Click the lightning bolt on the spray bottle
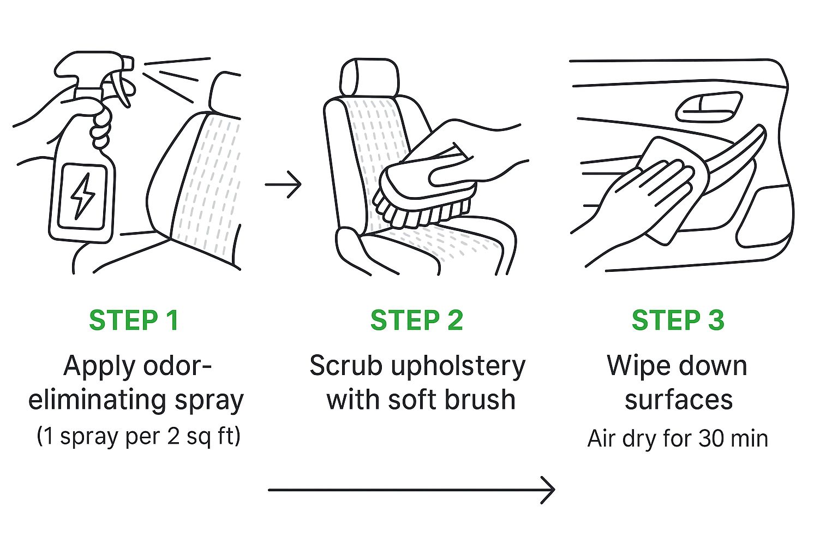[x=83, y=195]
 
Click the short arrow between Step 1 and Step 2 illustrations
[x=283, y=184]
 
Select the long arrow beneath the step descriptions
[x=411, y=490]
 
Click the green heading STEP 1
[x=134, y=320]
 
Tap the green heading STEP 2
[x=417, y=320]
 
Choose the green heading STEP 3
[x=678, y=320]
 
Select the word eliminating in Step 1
[x=97, y=401]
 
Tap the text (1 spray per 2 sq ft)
[x=139, y=437]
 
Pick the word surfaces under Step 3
[x=679, y=400]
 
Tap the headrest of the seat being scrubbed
[x=369, y=77]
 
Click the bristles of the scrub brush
[x=419, y=210]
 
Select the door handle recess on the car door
[x=709, y=107]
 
